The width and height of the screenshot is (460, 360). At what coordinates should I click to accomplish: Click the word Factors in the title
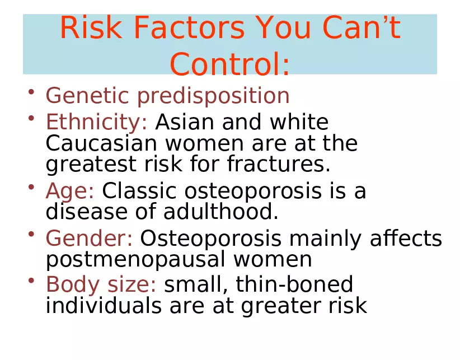coord(189,27)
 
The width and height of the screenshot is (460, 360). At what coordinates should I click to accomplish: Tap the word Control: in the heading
coord(229,64)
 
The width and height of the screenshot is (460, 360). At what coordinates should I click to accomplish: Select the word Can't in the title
coord(362,27)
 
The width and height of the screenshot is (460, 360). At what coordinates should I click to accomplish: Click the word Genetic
coord(87,95)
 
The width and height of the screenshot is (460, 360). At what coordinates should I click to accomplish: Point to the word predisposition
coord(213,96)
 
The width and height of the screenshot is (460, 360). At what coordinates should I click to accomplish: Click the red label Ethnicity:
coord(96,122)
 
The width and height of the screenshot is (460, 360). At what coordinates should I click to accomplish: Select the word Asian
coord(185,121)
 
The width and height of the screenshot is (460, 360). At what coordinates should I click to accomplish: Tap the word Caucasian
coord(101,143)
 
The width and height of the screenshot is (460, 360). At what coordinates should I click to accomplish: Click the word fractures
coord(279,163)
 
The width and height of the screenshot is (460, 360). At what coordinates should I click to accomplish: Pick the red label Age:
coord(70,191)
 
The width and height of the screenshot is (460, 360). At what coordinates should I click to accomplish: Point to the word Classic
coord(139,191)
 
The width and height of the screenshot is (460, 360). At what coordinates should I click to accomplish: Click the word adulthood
coord(220,212)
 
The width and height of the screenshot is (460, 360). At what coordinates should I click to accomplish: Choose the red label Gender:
coord(89,238)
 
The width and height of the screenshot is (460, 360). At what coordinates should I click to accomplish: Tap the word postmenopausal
coord(136,260)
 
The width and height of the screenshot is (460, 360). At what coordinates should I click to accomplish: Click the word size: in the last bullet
coord(132,284)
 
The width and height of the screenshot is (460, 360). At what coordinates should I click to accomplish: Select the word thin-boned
coord(294,284)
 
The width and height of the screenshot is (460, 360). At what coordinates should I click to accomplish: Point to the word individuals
coord(104,305)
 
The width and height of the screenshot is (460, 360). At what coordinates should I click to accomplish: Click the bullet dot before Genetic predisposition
coord(31,92)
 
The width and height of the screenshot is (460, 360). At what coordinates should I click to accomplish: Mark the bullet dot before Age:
coord(31,187)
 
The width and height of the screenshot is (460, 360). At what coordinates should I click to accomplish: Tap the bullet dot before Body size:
coord(31,280)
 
